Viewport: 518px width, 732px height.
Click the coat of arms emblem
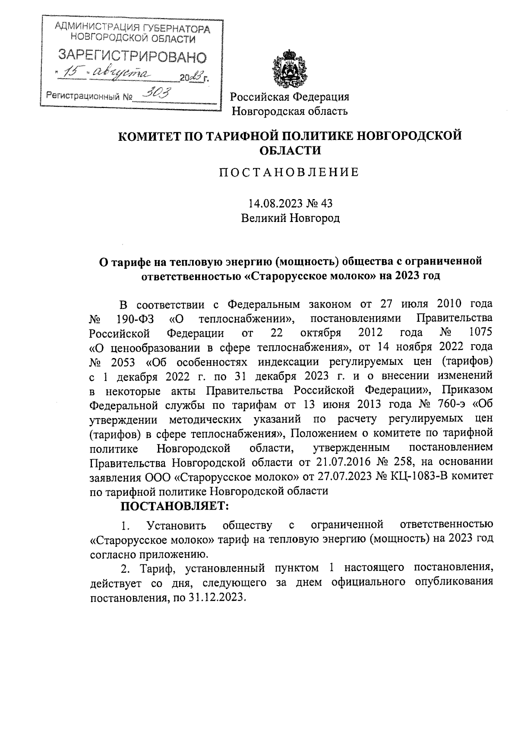289,69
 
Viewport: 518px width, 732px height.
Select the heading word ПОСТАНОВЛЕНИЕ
289,173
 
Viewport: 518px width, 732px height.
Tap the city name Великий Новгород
290,218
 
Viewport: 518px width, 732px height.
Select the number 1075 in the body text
480,333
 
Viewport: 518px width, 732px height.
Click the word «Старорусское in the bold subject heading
284,276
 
